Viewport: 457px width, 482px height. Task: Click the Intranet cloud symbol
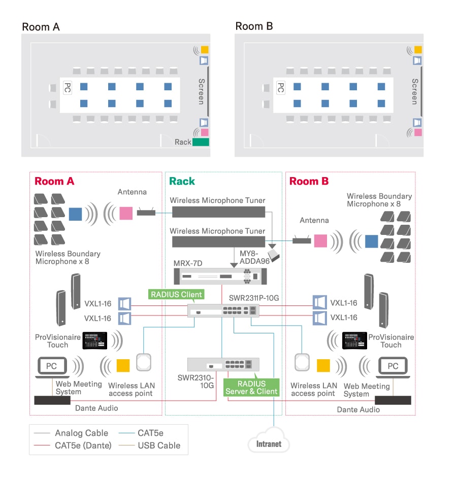click(269, 443)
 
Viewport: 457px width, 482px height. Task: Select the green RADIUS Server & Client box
click(251, 388)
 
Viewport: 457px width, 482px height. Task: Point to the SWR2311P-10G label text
click(254, 298)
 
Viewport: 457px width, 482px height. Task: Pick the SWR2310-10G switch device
click(223, 365)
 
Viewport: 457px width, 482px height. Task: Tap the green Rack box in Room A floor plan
click(201, 142)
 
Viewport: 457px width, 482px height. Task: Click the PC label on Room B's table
click(279, 87)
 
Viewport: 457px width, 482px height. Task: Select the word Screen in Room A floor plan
click(202, 91)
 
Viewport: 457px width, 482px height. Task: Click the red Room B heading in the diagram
click(309, 182)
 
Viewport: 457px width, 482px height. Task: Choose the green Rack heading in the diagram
click(182, 182)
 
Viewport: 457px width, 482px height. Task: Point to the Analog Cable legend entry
click(81, 433)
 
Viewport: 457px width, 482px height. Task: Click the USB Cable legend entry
click(159, 445)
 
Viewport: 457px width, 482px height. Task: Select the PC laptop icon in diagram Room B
click(393, 367)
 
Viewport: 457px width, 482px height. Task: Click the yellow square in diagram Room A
click(123, 365)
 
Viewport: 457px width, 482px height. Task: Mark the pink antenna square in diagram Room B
click(320, 240)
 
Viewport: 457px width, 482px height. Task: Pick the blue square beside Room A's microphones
click(75, 214)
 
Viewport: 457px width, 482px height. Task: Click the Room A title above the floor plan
click(41, 27)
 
